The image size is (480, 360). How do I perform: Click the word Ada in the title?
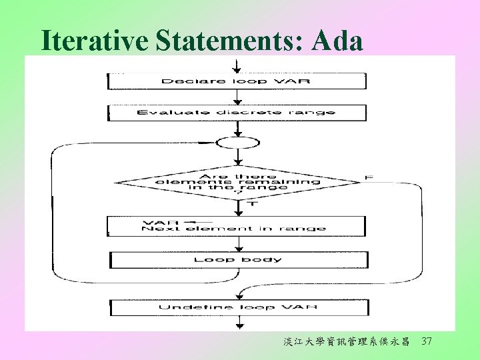[337, 41]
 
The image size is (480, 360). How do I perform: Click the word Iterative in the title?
[95, 41]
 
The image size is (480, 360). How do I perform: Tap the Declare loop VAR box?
[237, 81]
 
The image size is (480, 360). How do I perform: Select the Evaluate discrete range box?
[237, 113]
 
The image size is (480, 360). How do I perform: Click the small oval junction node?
[237, 142]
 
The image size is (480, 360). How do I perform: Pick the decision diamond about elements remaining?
[237, 181]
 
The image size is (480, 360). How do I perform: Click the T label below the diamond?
[251, 204]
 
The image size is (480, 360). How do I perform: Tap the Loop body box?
[238, 259]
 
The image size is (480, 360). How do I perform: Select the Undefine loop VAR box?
[238, 307]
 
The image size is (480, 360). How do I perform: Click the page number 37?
[427, 341]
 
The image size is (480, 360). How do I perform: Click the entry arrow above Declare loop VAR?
[237, 66]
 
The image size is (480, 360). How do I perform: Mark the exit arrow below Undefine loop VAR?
[238, 323]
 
